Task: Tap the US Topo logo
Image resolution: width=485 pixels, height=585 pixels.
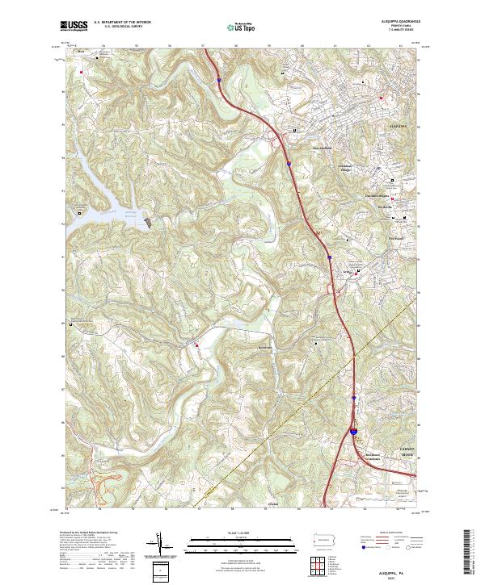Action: [242, 27]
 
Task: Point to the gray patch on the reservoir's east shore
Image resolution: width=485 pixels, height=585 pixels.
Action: [148, 219]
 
